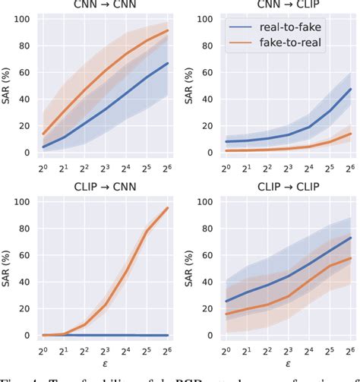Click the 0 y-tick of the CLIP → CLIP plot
pos(210,336)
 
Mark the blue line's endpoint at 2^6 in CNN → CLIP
pos(349,89)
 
